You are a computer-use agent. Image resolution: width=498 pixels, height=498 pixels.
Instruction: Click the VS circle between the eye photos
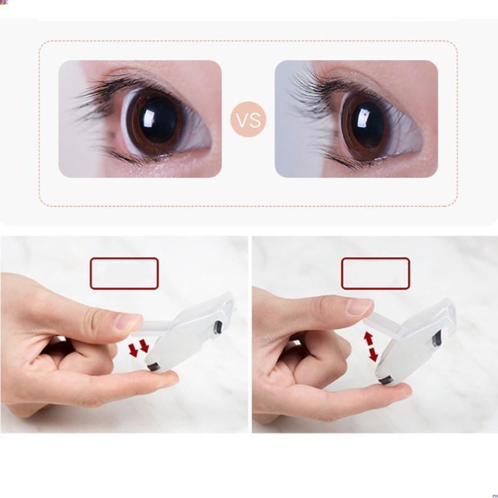(x=248, y=120)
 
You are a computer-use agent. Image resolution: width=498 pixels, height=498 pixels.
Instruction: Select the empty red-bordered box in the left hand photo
(x=124, y=273)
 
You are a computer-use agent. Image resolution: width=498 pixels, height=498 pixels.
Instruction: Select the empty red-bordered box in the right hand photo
(x=375, y=273)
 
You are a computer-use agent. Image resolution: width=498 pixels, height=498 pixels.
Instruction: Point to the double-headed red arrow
(x=370, y=347)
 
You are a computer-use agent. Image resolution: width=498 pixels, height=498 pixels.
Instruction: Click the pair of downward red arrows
(x=139, y=348)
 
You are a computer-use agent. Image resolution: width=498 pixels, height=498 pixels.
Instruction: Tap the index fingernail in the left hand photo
(x=128, y=321)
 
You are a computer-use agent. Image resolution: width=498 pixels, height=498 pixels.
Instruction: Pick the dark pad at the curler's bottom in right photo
(x=385, y=380)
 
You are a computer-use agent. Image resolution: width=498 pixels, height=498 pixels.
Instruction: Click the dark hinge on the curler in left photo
(x=218, y=327)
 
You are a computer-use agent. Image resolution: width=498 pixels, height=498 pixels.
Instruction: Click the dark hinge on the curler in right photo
(x=437, y=339)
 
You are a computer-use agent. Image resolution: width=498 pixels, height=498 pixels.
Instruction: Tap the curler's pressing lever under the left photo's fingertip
(x=153, y=327)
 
